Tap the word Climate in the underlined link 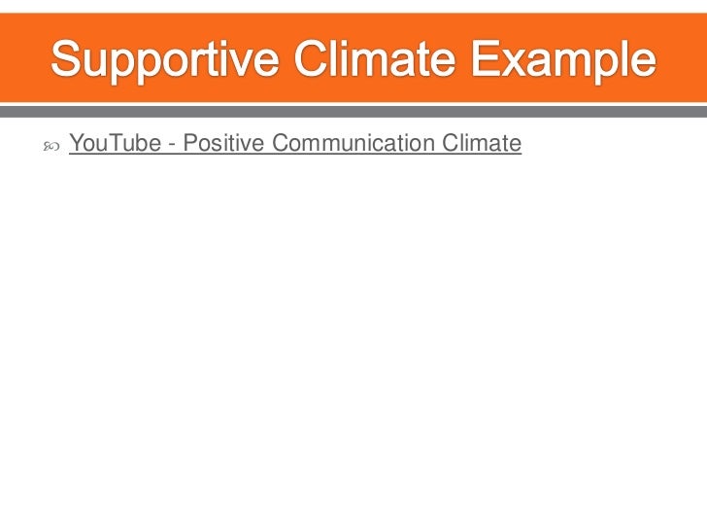pos(482,145)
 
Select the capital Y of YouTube pos(77,145)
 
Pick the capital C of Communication pos(281,145)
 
